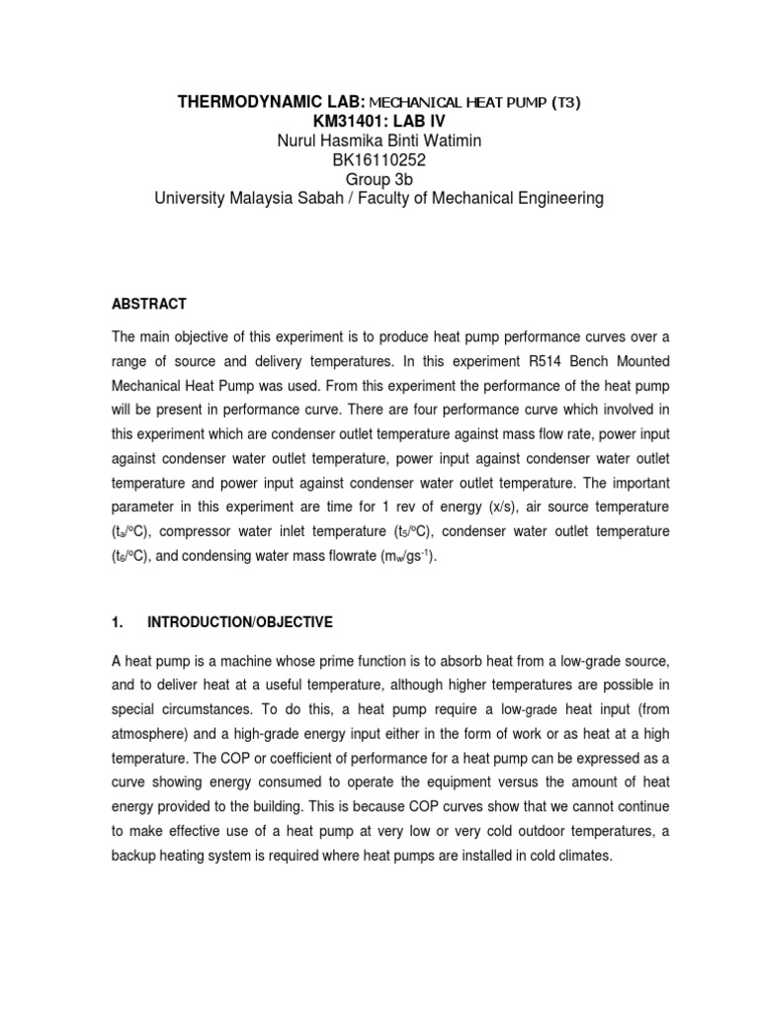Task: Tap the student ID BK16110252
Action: pyautogui.click(x=379, y=159)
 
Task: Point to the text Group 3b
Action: pyautogui.click(x=379, y=179)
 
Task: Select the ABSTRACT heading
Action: pyautogui.click(x=149, y=304)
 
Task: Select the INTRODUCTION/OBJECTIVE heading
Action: pyautogui.click(x=240, y=622)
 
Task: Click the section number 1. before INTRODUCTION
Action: pyautogui.click(x=118, y=622)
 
